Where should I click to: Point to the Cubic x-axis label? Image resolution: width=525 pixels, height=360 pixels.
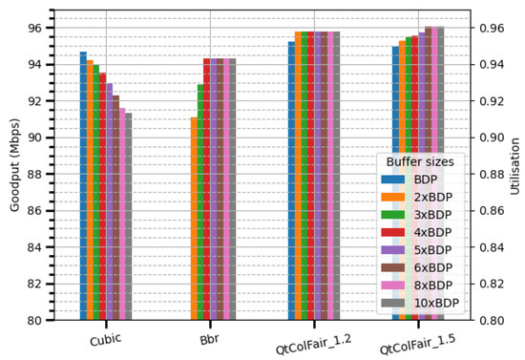[106, 340]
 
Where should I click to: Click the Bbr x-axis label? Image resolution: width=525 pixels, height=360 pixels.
[210, 339]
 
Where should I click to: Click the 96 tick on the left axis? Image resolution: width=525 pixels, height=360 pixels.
[36, 29]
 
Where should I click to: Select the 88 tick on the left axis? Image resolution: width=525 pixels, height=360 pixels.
[36, 175]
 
